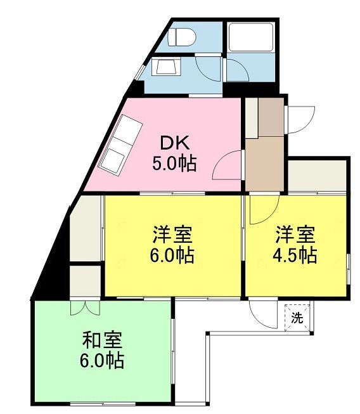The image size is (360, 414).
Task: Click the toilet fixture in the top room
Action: [x=181, y=37]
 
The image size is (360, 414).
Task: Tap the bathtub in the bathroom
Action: [x=251, y=37]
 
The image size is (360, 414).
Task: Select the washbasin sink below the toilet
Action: [x=166, y=67]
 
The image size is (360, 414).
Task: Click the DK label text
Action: [x=175, y=143]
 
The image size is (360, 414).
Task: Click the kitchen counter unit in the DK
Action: [x=120, y=145]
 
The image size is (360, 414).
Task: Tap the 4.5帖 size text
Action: [x=295, y=255]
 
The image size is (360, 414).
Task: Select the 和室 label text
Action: [x=103, y=340]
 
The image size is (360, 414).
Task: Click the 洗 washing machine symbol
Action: [x=297, y=318]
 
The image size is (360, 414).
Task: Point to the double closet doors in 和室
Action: [x=86, y=307]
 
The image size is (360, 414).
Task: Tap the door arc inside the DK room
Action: [x=227, y=165]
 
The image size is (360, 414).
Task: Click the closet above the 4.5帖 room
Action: [x=317, y=176]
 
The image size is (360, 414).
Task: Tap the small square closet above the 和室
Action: [x=86, y=281]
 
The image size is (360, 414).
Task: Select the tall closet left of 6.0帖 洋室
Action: [x=86, y=229]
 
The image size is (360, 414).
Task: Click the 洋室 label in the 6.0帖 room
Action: [x=172, y=235]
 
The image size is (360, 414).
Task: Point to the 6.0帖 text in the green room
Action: [x=102, y=360]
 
